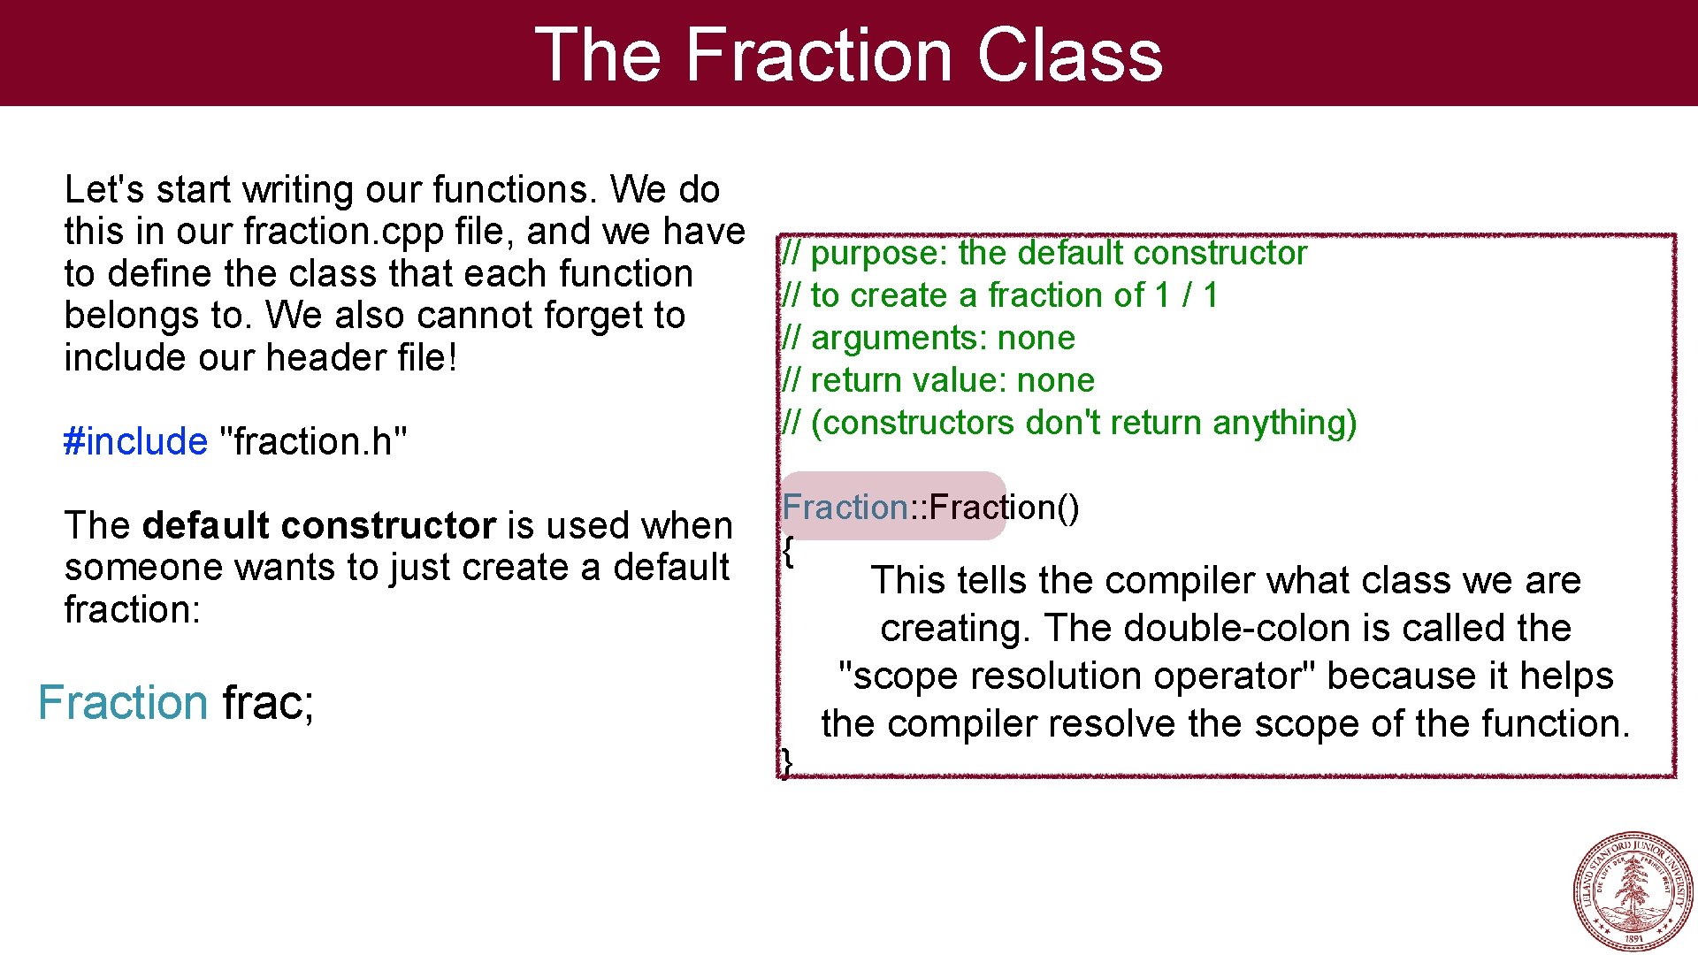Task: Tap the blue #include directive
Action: click(x=135, y=441)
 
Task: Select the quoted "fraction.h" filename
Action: click(x=312, y=441)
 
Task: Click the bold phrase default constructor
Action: click(x=318, y=525)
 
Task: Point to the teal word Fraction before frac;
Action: click(x=122, y=703)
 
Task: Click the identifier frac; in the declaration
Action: click(x=268, y=703)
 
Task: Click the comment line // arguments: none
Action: click(x=929, y=338)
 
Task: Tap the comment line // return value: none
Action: click(x=937, y=380)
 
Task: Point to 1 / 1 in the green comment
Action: click(x=1186, y=295)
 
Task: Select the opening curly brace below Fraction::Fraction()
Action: click(x=787, y=552)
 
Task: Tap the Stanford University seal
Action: click(x=1632, y=891)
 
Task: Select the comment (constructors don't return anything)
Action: click(x=1083, y=423)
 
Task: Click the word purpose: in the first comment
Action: click(x=879, y=254)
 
